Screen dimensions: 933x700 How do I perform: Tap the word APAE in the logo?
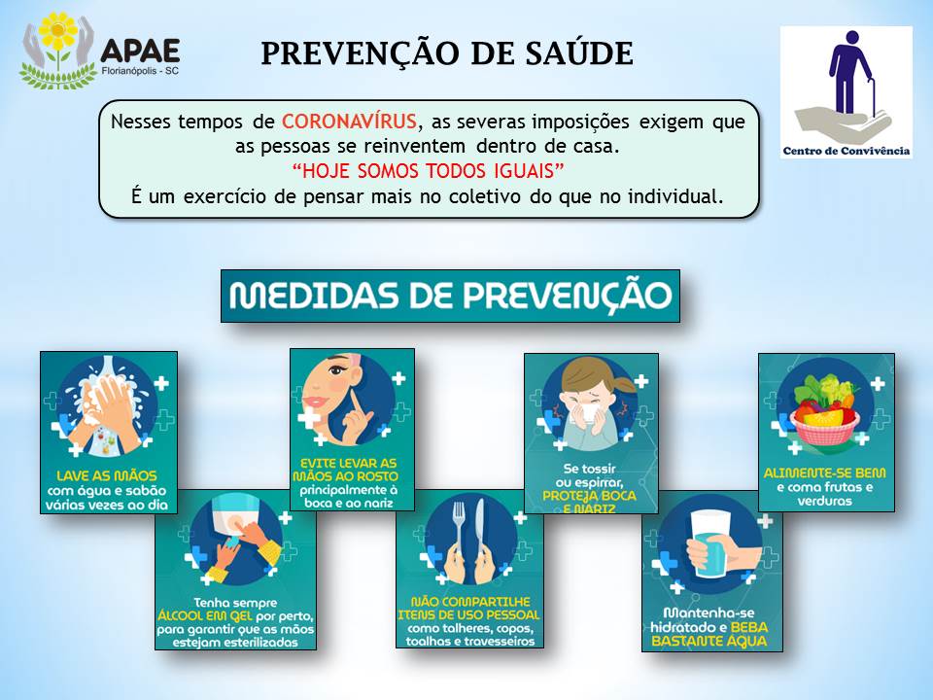(x=140, y=51)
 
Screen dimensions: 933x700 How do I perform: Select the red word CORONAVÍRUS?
(x=349, y=122)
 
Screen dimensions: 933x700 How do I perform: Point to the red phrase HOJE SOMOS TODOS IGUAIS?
(x=428, y=171)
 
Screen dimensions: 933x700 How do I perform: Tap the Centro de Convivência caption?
(x=846, y=151)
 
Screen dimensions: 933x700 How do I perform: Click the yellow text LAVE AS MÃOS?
(x=107, y=475)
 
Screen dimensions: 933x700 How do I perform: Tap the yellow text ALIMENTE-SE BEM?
(x=825, y=473)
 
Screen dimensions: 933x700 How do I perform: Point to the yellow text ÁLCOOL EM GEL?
(x=205, y=615)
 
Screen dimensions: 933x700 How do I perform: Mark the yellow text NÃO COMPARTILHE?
(x=470, y=602)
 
